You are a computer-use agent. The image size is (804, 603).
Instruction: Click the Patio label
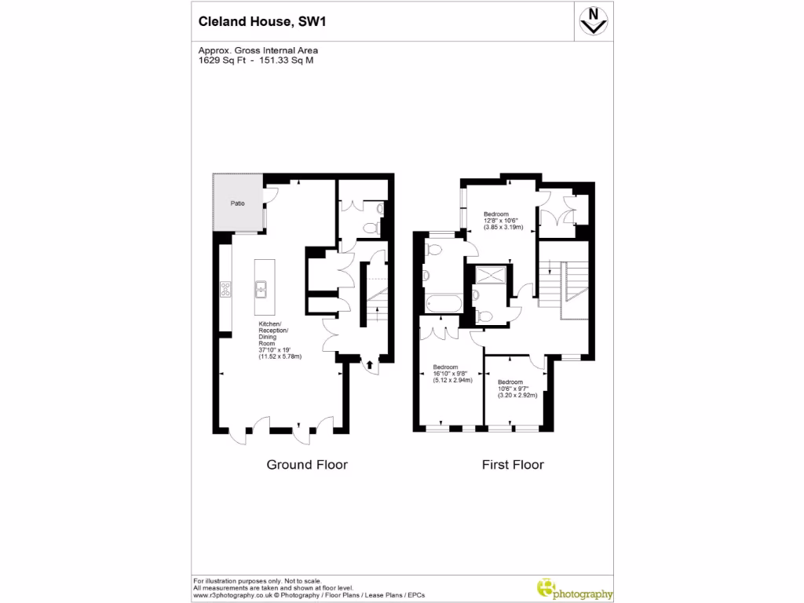coord(236,203)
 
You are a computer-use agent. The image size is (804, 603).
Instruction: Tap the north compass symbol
coord(595,20)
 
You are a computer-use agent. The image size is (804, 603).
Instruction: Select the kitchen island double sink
coord(261,289)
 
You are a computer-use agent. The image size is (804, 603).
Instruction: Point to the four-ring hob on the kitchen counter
coord(226,289)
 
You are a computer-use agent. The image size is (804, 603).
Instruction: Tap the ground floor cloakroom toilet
coord(379,210)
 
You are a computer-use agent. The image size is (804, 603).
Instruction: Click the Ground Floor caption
coord(307,465)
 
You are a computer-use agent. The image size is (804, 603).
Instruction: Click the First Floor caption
coord(513,465)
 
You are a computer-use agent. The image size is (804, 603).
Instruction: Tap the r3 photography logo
coord(575,589)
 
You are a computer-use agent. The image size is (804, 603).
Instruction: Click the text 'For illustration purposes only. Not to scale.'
coord(257,580)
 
